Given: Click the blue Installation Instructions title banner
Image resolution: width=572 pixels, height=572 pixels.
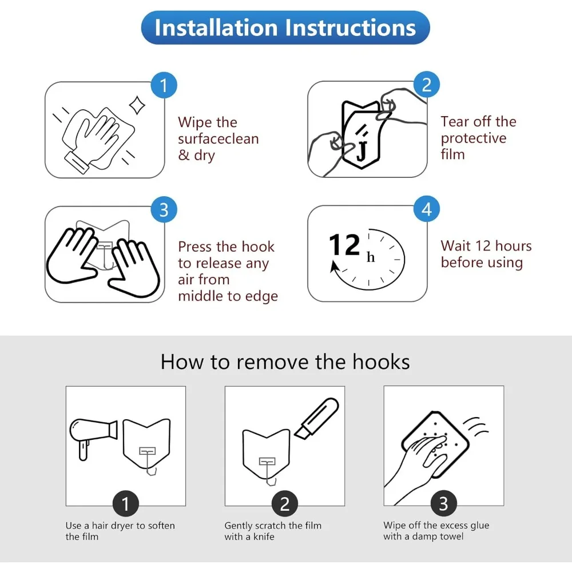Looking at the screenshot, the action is (x=285, y=27).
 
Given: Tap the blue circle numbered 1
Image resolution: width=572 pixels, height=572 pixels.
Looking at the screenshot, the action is (x=164, y=85).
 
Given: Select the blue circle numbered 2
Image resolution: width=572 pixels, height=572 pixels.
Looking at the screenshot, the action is (x=427, y=85).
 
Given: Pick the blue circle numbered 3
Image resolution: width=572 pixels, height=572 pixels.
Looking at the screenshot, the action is (x=164, y=210).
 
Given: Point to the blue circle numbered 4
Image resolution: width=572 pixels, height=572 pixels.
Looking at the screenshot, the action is (x=427, y=209).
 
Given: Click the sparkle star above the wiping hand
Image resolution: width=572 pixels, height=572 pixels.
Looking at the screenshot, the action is (x=137, y=105).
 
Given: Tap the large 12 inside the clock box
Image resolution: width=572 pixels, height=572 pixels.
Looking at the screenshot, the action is (x=344, y=245).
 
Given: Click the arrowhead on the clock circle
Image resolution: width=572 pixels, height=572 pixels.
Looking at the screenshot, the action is (x=334, y=267).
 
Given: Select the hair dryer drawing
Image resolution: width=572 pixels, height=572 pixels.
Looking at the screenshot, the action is (x=93, y=437).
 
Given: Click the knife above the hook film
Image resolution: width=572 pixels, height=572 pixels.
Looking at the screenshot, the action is (x=317, y=418).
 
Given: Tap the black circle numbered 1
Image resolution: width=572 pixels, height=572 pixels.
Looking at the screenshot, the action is (x=125, y=504).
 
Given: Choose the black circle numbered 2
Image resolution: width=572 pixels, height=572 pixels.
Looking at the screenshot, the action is (x=284, y=504).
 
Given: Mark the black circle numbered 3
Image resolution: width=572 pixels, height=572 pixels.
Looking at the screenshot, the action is (x=444, y=503).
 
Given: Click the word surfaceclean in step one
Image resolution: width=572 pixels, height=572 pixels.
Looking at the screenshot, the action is (x=218, y=139).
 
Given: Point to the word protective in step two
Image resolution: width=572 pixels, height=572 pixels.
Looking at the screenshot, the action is (x=474, y=138).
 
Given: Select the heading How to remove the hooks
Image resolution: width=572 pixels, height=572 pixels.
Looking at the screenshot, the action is (x=285, y=362).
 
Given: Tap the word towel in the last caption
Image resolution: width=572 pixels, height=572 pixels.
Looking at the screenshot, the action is (x=452, y=537).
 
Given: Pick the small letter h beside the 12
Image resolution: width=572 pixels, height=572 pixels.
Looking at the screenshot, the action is (x=371, y=257).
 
